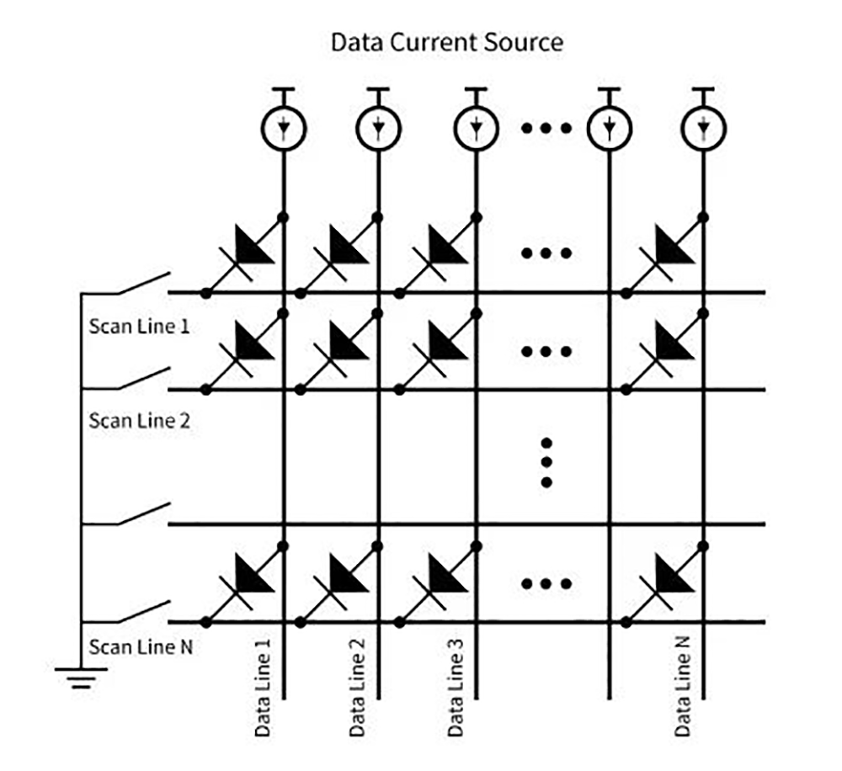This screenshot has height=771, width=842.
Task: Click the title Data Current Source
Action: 446,42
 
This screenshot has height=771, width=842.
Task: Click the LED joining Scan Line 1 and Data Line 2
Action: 344,247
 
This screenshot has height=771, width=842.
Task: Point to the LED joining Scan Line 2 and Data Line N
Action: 669,345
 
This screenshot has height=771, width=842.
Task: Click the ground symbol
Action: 82,675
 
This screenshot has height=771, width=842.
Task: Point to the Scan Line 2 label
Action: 139,419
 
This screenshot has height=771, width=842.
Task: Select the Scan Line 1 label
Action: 139,325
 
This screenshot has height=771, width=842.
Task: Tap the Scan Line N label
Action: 139,647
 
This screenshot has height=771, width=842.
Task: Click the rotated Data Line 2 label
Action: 357,687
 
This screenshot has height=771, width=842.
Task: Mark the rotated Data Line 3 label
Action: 455,687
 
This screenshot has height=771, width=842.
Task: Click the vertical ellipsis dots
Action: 546,462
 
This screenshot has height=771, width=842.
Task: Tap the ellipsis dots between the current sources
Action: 546,128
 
